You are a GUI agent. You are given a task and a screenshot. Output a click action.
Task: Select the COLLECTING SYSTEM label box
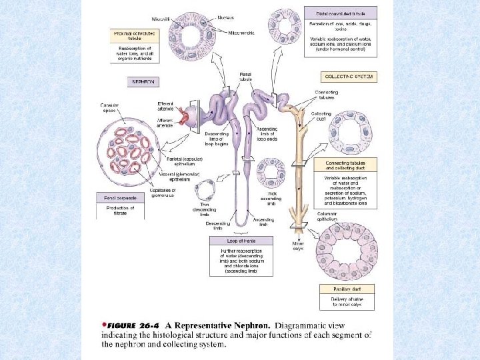[348, 77]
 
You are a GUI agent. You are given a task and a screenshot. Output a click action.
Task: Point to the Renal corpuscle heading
[120, 197]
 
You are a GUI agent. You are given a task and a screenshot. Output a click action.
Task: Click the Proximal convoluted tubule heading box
[135, 35]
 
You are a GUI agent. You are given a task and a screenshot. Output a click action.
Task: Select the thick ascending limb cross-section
[272, 173]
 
